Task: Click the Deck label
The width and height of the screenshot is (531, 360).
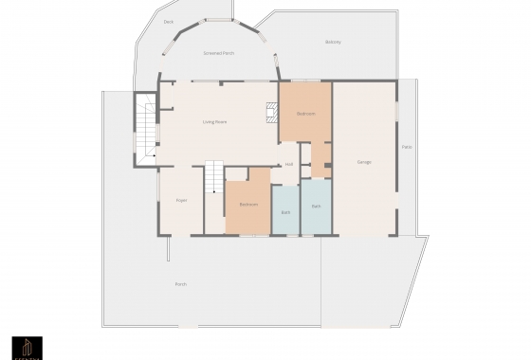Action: pos(169,21)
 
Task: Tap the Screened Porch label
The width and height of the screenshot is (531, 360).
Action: pos(218,53)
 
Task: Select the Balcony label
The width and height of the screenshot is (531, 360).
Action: pos(333,42)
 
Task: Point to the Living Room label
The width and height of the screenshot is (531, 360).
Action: pos(214,122)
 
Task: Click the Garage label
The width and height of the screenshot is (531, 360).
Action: pos(364,162)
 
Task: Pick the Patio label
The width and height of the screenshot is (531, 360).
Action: pos(407,147)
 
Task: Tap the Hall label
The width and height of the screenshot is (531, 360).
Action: pos(288,164)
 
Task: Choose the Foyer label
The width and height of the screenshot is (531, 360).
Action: pos(181,200)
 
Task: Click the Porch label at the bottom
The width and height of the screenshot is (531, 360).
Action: pos(180,284)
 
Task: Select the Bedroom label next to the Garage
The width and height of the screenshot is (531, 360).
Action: pos(305,114)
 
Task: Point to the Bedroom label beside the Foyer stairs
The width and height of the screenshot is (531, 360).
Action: pos(248,205)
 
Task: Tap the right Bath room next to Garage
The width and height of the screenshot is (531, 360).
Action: pos(316,206)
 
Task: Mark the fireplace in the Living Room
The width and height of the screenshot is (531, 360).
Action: pos(272,114)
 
